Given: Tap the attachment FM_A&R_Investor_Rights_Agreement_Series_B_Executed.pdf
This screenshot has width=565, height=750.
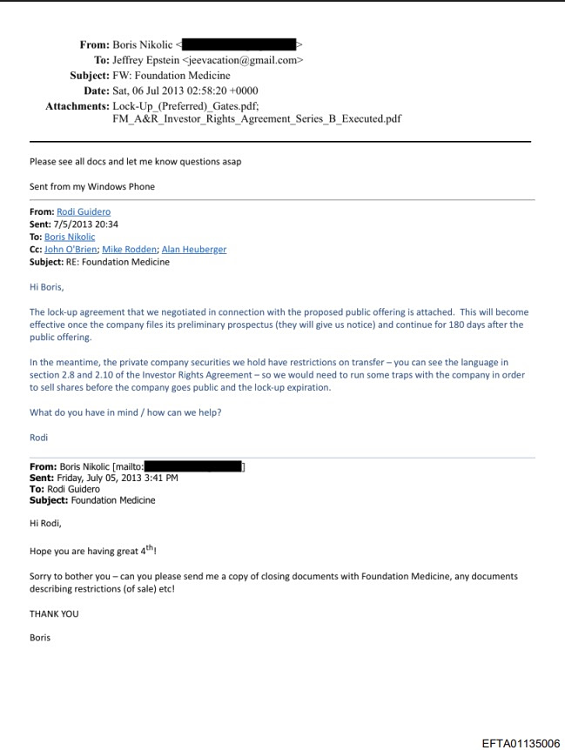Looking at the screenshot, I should pos(257,118).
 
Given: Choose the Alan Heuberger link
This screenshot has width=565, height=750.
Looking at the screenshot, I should pos(193,249).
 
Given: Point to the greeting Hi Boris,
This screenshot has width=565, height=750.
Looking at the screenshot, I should pos(47,286).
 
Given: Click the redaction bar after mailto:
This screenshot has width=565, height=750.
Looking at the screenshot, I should pos(193,466).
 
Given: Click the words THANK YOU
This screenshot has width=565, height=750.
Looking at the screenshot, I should pos(54,613).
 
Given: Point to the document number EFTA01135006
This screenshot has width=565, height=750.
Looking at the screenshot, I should pos(521,742).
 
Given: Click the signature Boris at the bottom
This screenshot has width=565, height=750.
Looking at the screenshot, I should pos(40,638).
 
